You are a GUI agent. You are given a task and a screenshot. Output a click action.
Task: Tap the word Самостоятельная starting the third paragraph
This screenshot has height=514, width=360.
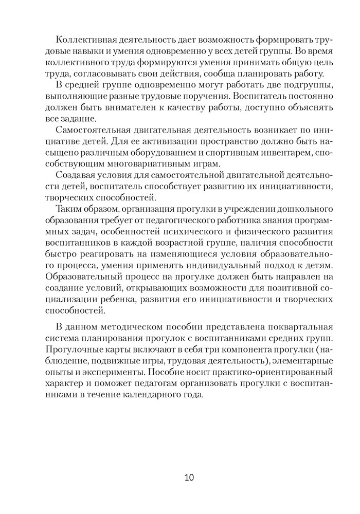(x=96, y=130)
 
